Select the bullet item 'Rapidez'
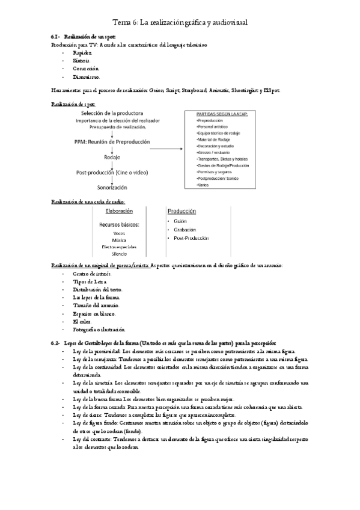(x=82, y=53)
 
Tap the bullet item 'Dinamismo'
(x=86, y=76)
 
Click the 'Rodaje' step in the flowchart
(x=112, y=158)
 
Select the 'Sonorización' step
(x=112, y=188)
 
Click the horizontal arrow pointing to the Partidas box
(x=169, y=146)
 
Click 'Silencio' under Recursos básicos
(x=119, y=254)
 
